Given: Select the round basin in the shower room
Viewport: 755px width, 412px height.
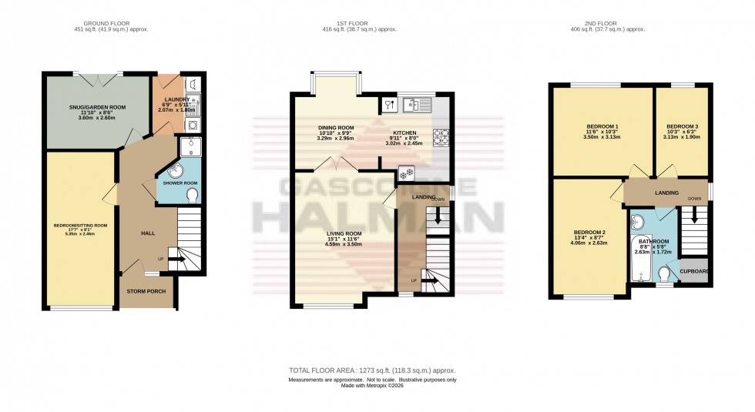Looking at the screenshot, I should pyautogui.click(x=170, y=173).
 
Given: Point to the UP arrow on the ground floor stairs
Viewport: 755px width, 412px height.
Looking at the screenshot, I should pyautogui.click(x=174, y=260).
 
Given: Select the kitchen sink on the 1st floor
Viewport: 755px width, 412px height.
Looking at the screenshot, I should pyautogui.click(x=417, y=103).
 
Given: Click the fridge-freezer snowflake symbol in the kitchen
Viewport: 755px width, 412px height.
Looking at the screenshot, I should pyautogui.click(x=401, y=173).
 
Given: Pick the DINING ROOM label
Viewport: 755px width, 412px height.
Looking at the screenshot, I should pyautogui.click(x=336, y=128).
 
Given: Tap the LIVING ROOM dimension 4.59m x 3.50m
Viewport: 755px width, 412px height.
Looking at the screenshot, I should pyautogui.click(x=344, y=244).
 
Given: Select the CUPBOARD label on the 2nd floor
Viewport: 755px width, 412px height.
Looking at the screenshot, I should pyautogui.click(x=695, y=271).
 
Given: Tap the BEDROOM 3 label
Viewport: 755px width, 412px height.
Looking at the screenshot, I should pyautogui.click(x=683, y=126).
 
